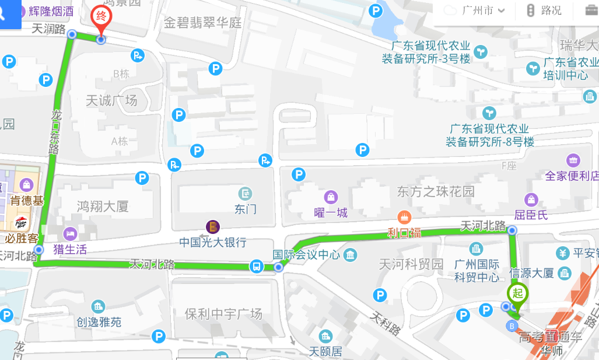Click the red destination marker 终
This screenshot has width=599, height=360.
(101, 16)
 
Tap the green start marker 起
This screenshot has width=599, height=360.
(517, 292)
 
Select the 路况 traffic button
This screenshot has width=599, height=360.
(544, 11)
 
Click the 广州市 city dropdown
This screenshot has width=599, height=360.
(482, 11)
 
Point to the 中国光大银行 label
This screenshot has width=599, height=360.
(212, 242)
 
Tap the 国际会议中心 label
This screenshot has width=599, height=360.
(306, 254)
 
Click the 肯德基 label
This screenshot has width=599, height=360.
(27, 201)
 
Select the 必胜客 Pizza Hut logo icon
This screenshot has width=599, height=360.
(20, 222)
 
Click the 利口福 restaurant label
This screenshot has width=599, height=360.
(404, 233)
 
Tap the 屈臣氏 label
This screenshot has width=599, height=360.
(531, 215)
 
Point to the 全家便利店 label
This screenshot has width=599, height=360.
(572, 176)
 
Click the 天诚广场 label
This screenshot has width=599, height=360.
(111, 101)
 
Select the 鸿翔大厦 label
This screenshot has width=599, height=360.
(103, 206)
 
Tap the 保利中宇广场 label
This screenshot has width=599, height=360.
(223, 314)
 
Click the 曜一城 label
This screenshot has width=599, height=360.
(331, 213)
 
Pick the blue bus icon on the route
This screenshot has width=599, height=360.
(256, 267)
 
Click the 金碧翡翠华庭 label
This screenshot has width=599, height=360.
(202, 23)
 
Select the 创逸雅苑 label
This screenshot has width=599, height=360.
(99, 321)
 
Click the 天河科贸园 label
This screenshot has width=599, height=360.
(411, 264)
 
